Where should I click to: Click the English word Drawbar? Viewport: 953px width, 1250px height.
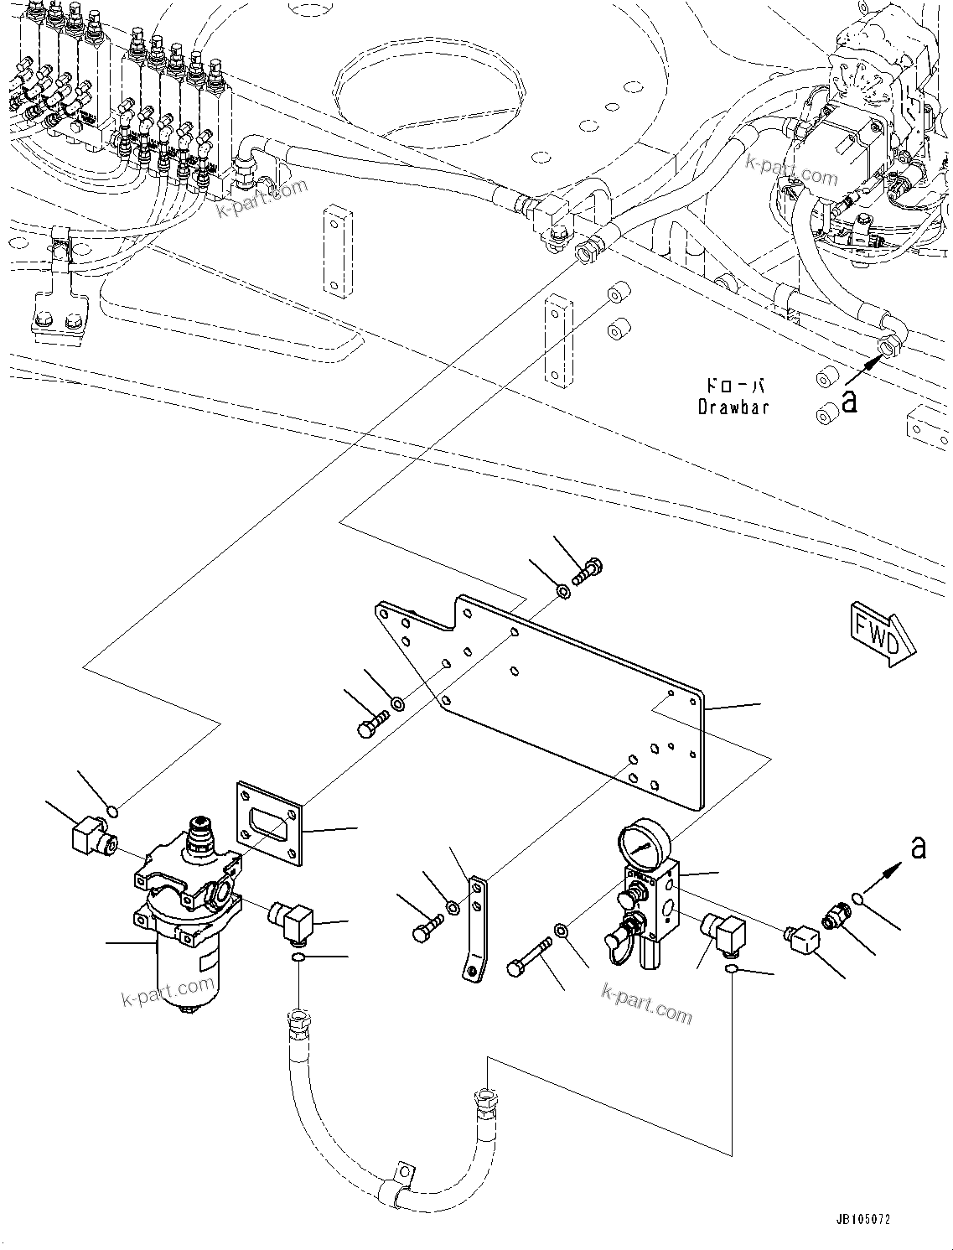click(733, 407)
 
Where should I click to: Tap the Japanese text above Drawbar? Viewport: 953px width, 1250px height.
click(734, 386)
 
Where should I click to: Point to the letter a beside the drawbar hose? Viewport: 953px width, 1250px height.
click(850, 402)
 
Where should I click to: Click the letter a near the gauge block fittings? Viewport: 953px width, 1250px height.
click(919, 848)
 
